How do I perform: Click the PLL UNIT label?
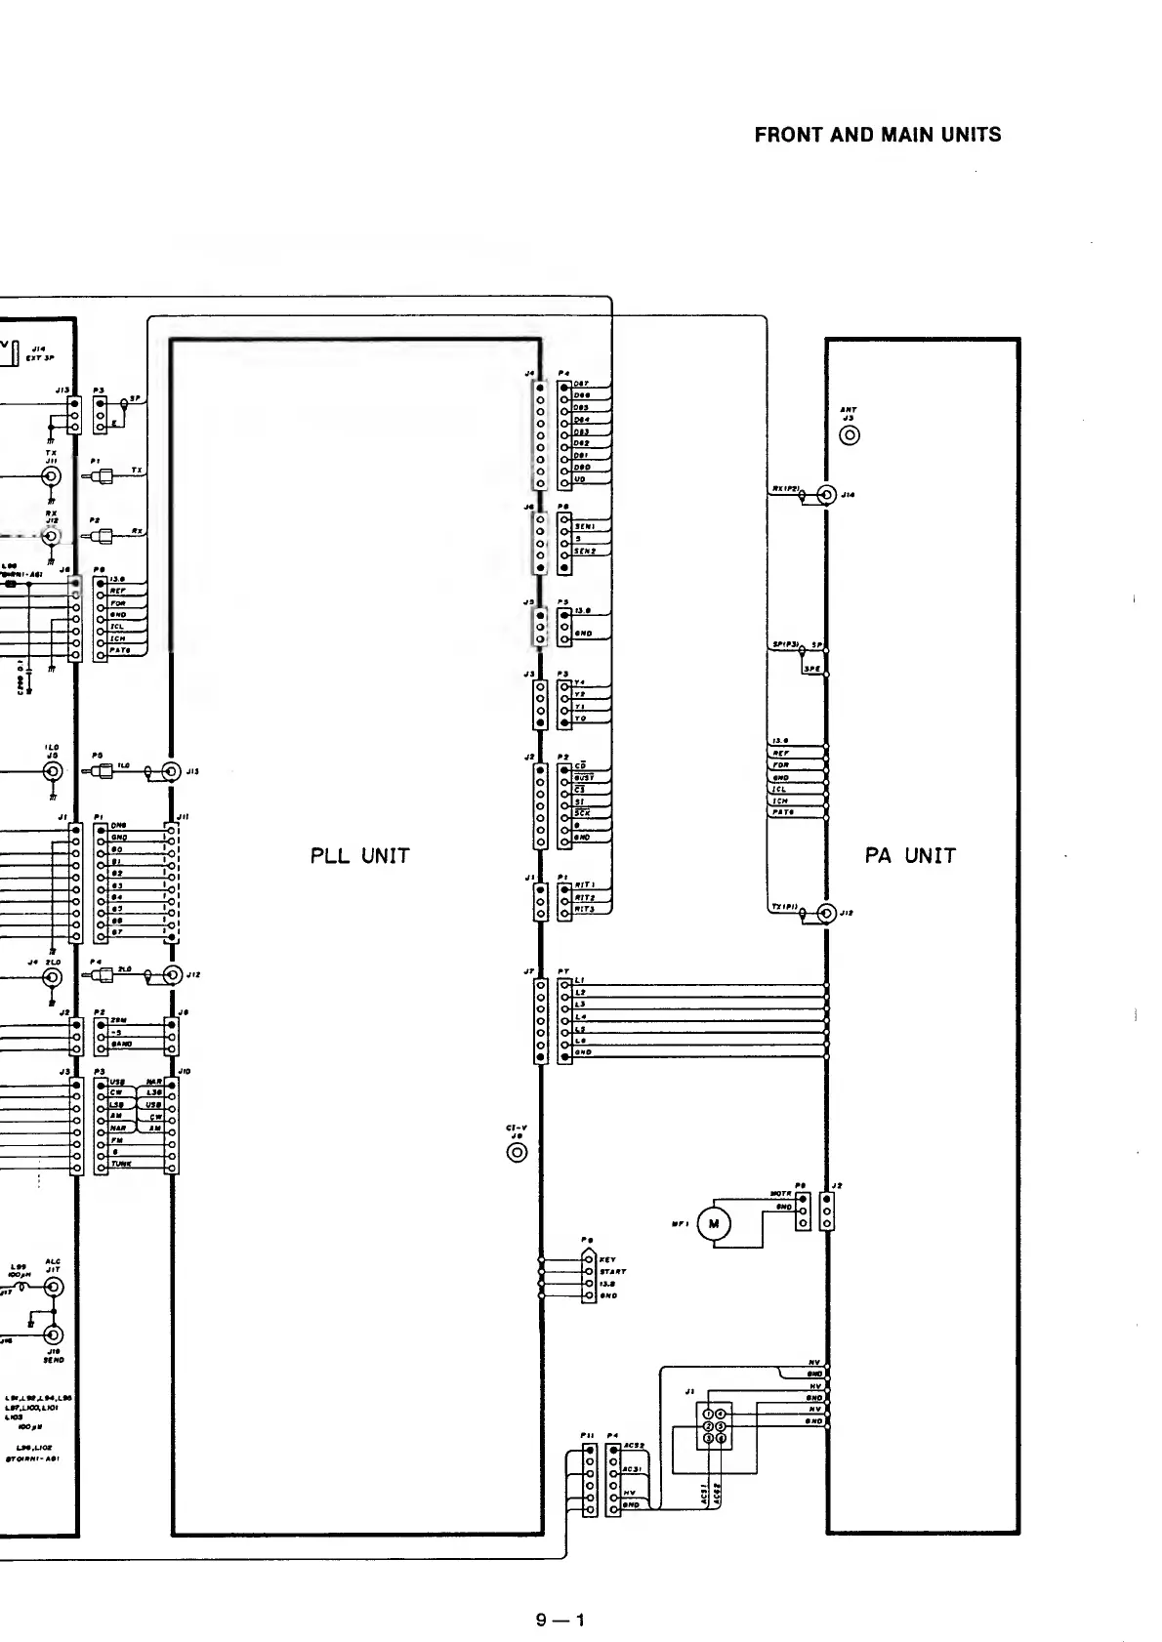[359, 856]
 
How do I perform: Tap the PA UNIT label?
[910, 856]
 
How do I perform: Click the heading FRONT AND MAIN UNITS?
[878, 135]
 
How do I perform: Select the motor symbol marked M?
[714, 1224]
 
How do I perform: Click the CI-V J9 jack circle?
[517, 1153]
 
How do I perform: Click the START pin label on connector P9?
[613, 1272]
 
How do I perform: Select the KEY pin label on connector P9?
[607, 1260]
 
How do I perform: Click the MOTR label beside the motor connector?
[780, 1194]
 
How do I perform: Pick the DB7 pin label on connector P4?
[581, 384]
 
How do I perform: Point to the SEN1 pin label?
[584, 526]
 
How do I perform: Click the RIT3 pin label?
[584, 910]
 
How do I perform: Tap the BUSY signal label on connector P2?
[583, 777]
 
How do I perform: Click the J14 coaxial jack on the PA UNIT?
[827, 494]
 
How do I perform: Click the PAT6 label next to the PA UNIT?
[782, 812]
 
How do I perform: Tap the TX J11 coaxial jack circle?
[52, 476]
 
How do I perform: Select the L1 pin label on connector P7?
[579, 980]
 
